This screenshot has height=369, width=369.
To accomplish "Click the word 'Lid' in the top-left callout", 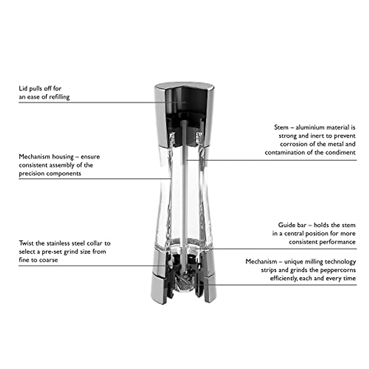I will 23,89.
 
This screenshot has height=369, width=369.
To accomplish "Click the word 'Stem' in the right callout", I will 281,127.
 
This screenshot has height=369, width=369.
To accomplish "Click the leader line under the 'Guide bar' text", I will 277,248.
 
